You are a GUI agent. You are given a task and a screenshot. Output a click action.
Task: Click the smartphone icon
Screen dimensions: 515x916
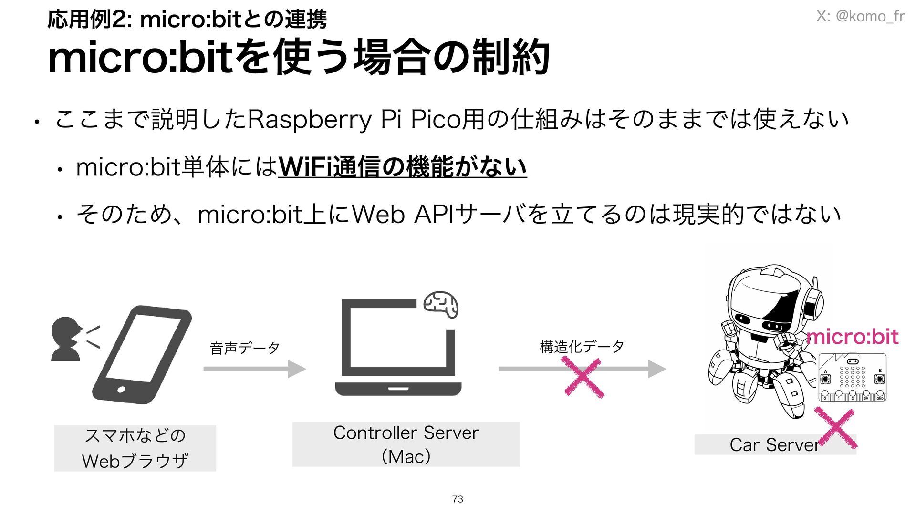tap(142, 354)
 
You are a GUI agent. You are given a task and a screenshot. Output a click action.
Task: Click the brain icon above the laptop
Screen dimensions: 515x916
tap(441, 304)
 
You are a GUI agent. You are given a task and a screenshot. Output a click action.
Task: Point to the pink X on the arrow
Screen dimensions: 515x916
tap(583, 378)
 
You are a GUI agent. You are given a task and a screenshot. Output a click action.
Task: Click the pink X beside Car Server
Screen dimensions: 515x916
tap(837, 428)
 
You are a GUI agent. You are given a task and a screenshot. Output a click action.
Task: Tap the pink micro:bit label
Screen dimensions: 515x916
tap(852, 337)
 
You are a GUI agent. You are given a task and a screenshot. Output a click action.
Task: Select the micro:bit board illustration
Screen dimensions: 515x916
tap(852, 377)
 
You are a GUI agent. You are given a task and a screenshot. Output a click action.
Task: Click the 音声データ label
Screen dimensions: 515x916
tap(245, 348)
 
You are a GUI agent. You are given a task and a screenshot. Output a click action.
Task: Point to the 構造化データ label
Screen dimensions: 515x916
tap(582, 347)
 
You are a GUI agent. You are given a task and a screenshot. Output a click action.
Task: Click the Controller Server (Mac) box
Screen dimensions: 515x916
tap(406, 444)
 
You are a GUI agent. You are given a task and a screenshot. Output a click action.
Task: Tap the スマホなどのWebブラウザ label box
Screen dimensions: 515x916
tap(135, 448)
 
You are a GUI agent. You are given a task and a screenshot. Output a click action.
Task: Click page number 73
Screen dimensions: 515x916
tap(458, 499)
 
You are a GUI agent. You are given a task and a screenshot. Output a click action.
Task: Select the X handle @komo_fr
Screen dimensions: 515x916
tap(860, 16)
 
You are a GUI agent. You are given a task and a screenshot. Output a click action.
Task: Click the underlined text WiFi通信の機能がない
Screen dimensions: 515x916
tap(402, 167)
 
